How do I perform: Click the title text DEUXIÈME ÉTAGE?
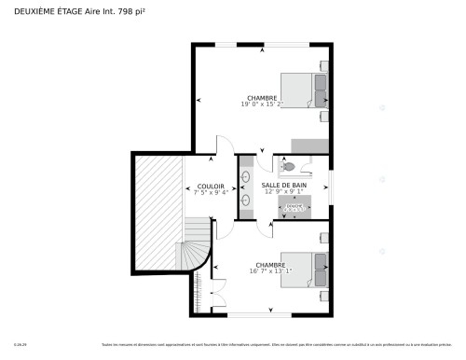tap(41, 10)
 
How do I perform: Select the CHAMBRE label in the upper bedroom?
tap(262, 98)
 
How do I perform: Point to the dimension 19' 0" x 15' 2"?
tap(262, 104)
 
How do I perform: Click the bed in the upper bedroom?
tap(303, 90)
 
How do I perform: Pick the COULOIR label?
tap(211, 186)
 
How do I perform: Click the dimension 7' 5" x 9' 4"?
tap(211, 193)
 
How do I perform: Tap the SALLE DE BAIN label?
tap(284, 186)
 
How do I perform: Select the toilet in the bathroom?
tap(288, 166)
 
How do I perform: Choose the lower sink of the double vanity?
tap(246, 199)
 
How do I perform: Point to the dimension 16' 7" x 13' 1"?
tap(270, 271)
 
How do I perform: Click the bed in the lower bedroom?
tap(304, 270)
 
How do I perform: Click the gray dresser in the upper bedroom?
tap(310, 145)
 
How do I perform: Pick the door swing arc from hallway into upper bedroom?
tap(224, 145)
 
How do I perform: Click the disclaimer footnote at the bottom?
tap(280, 345)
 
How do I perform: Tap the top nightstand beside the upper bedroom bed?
tap(324, 66)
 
